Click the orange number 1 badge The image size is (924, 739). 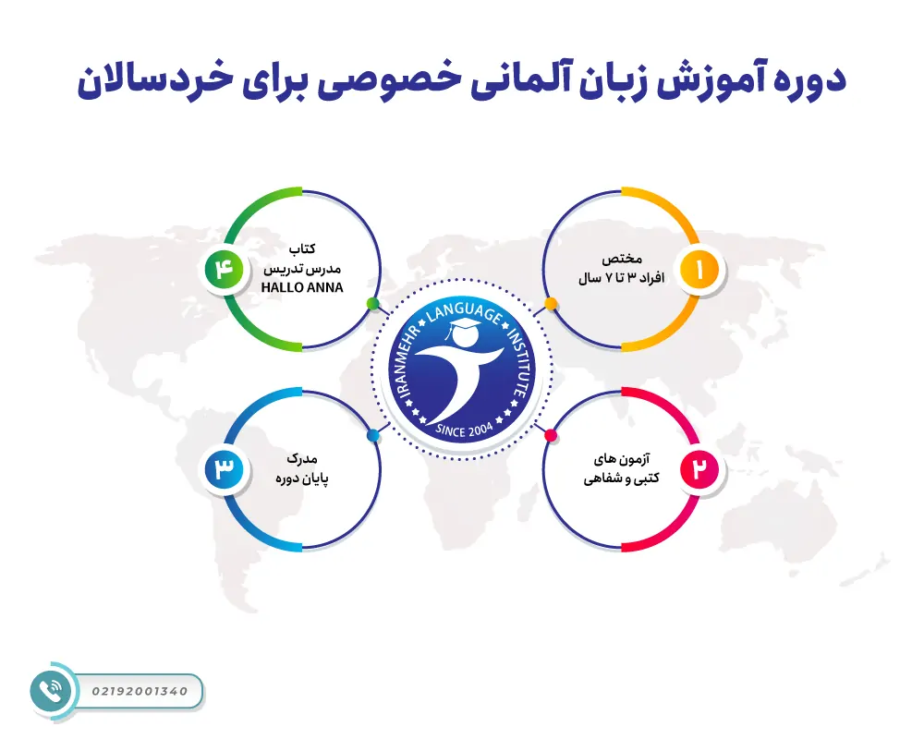tap(699, 270)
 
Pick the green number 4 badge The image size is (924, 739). tap(225, 270)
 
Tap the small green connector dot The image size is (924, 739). tap(372, 303)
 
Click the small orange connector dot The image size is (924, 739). tap(551, 303)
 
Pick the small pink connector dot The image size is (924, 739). tap(551, 435)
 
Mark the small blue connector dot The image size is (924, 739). tap(372, 435)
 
